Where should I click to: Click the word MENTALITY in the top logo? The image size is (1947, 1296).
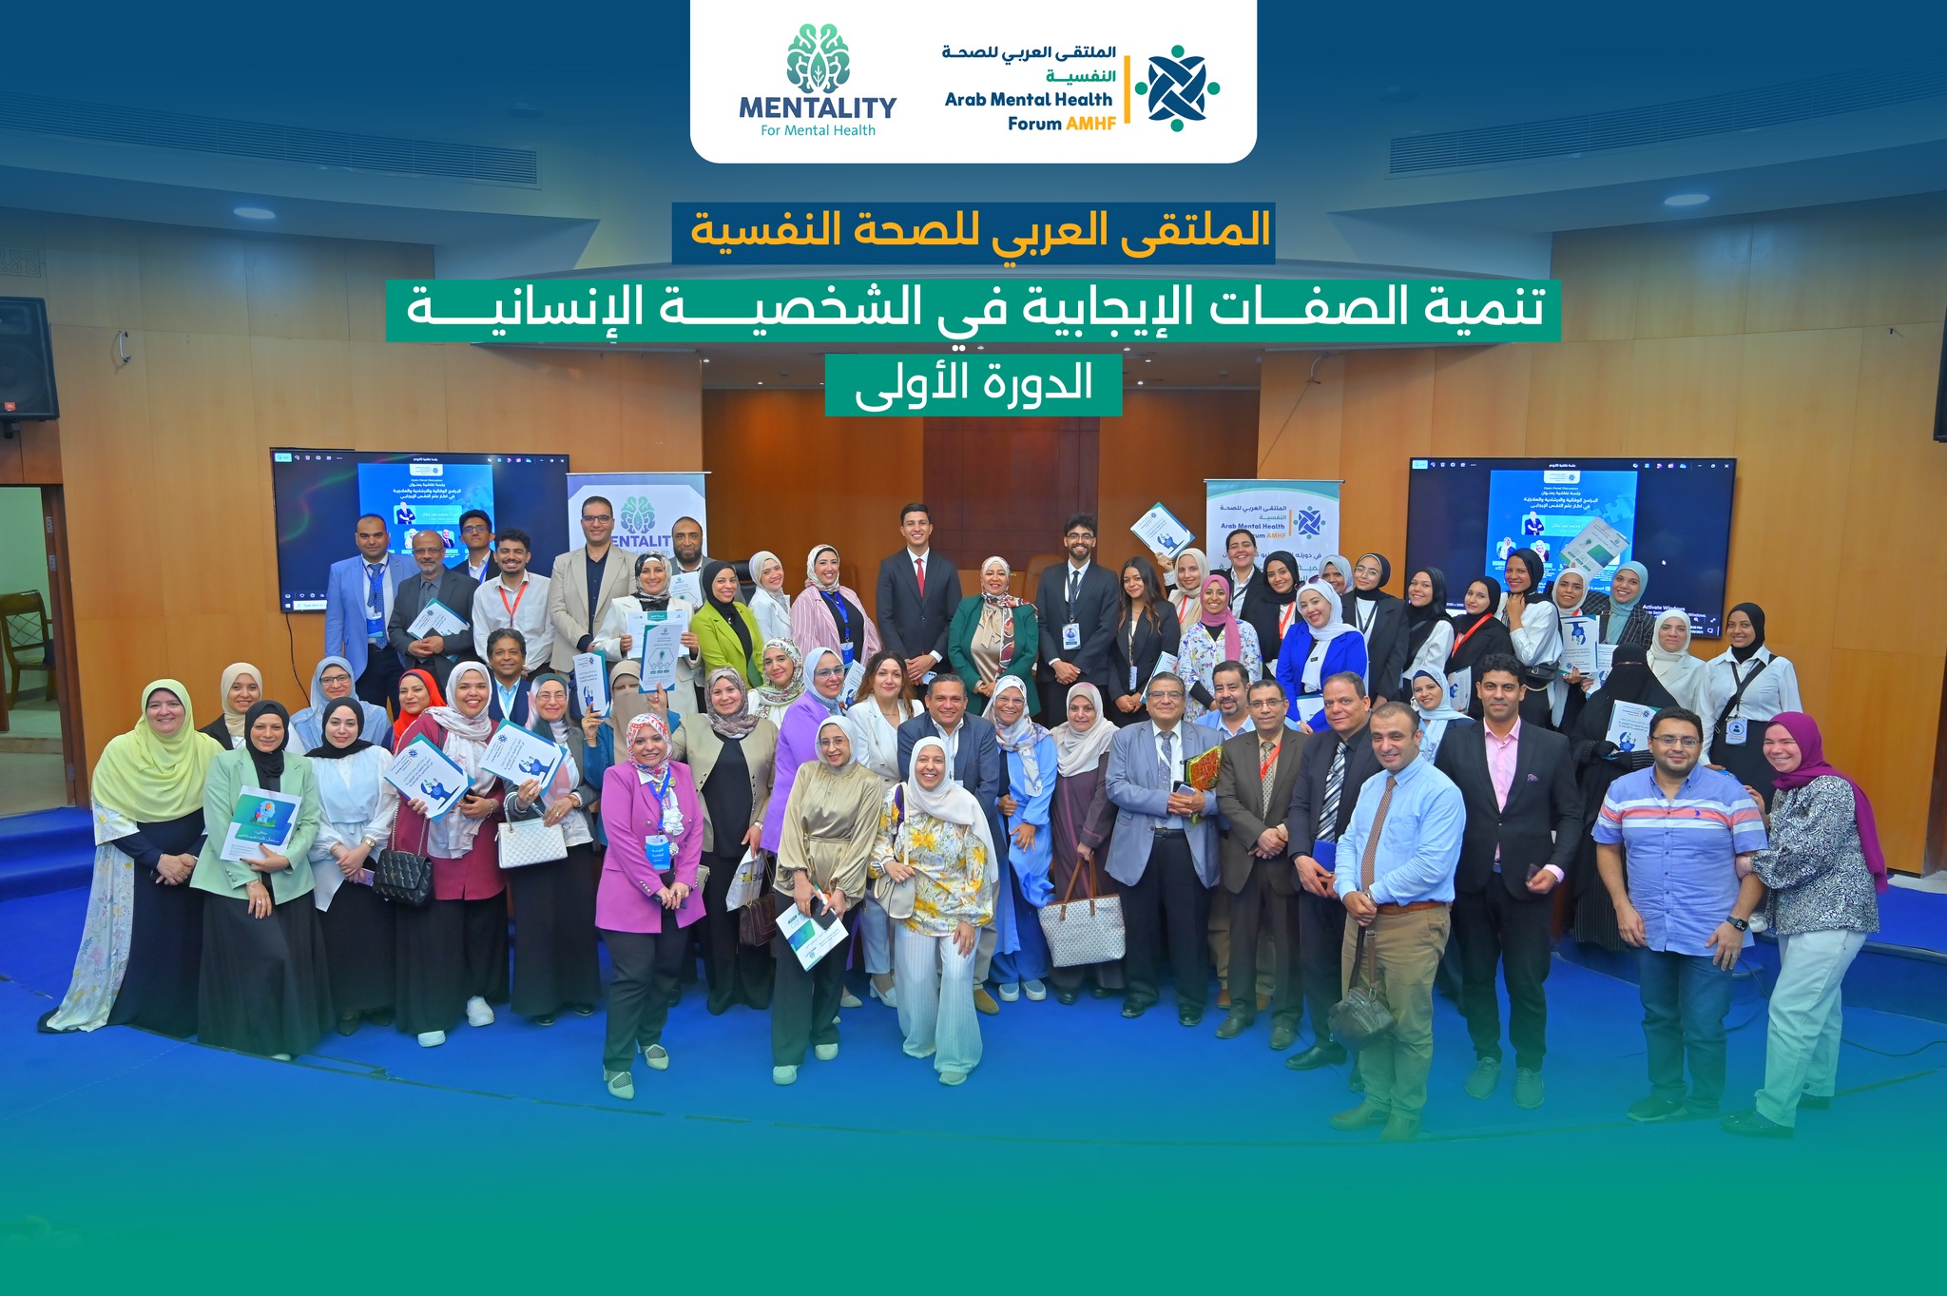(x=818, y=107)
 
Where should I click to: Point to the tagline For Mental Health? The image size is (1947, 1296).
(x=818, y=131)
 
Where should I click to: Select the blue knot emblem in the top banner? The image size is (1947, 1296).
(x=1177, y=87)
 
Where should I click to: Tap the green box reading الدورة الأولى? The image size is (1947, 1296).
(x=973, y=384)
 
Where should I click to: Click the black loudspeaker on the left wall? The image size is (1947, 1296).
(x=27, y=359)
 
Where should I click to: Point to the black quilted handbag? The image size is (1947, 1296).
(x=402, y=875)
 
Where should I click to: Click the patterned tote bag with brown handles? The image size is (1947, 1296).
(x=1081, y=918)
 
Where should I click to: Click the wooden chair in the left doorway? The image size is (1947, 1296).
(x=26, y=637)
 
